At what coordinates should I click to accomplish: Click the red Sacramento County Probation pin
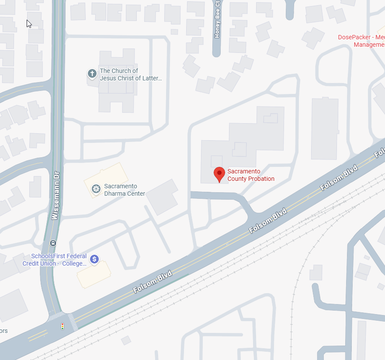pos(219,174)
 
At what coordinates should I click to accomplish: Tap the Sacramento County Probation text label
pos(251,175)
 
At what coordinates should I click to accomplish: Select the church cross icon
pos(92,73)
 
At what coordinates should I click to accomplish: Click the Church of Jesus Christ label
pos(131,74)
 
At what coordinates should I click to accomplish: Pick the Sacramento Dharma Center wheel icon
pos(96,189)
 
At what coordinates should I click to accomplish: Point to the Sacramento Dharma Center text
pos(124,190)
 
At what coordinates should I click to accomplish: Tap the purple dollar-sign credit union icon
pos(94,260)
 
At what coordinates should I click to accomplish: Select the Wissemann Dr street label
pos(55,194)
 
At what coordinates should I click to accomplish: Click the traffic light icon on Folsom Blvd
pos(62,326)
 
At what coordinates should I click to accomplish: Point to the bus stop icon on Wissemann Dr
pos(53,243)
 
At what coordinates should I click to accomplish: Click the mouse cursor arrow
pos(29,24)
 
